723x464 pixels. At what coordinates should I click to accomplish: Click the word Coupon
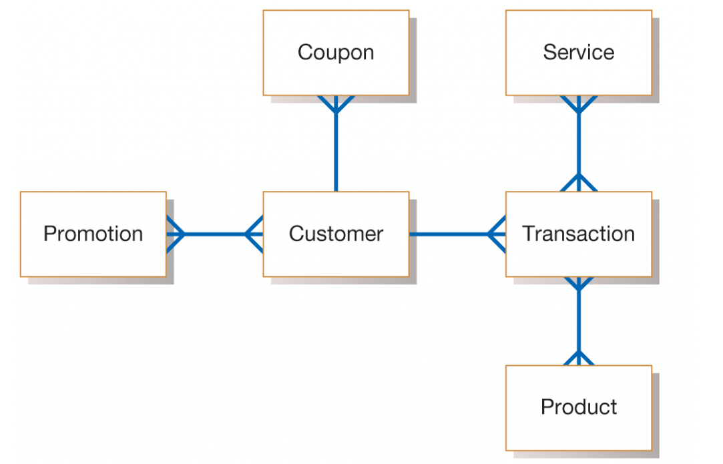pyautogui.click(x=336, y=52)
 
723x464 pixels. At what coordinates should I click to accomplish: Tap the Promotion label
pyautogui.click(x=93, y=234)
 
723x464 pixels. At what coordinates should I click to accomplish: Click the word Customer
pyautogui.click(x=336, y=234)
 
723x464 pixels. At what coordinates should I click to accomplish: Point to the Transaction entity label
pyautogui.click(x=578, y=234)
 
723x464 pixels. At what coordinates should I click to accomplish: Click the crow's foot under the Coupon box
pyautogui.click(x=336, y=104)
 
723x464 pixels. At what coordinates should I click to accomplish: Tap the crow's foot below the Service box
pyautogui.click(x=578, y=104)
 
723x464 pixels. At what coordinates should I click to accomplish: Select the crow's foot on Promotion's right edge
pyautogui.click(x=175, y=234)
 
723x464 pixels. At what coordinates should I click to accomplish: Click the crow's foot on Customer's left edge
pyautogui.click(x=254, y=234)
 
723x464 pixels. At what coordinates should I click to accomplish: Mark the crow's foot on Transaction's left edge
pyautogui.click(x=497, y=234)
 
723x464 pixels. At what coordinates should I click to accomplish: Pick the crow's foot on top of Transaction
pyautogui.click(x=578, y=183)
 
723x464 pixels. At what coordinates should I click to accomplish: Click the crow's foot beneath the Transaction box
pyautogui.click(x=578, y=284)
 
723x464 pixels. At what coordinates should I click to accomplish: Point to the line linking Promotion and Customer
pyautogui.click(x=214, y=234)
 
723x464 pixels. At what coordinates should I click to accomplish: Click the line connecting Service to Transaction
pyautogui.click(x=578, y=144)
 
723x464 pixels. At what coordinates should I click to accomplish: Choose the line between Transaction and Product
pyautogui.click(x=578, y=320)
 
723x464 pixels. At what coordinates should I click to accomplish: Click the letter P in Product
pyautogui.click(x=546, y=407)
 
